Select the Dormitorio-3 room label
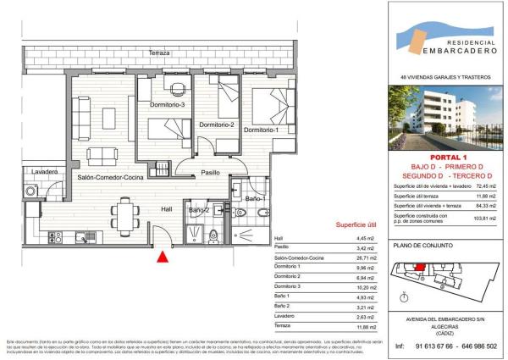(x=167, y=104)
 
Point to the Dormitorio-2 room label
(x=216, y=125)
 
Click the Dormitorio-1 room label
(x=260, y=130)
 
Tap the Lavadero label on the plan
(x=44, y=172)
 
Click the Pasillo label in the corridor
(x=210, y=173)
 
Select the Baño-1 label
(x=256, y=199)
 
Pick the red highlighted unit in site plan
(x=417, y=271)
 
